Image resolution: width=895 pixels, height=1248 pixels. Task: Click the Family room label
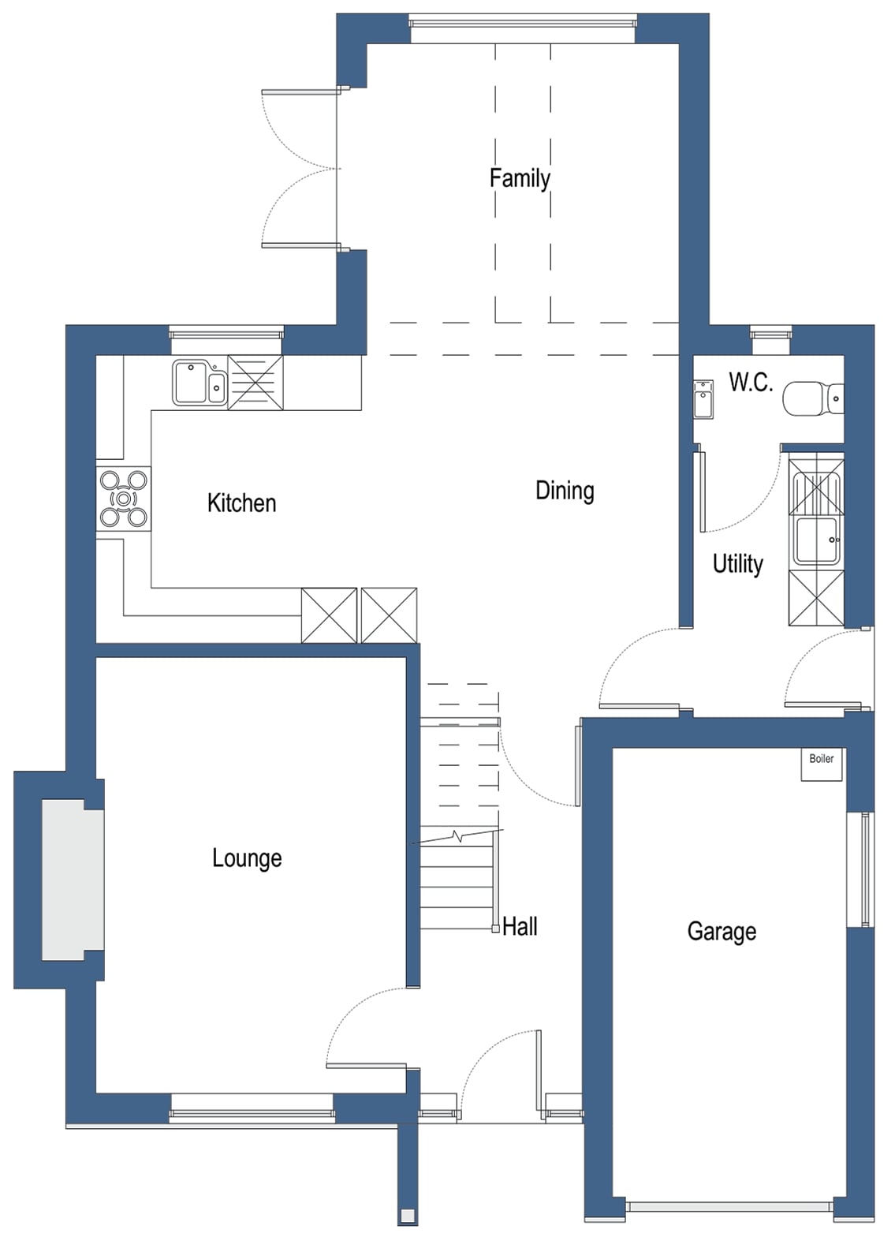(520, 179)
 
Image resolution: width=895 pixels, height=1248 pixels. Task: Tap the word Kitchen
(241, 503)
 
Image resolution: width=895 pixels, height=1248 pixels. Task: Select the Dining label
(565, 491)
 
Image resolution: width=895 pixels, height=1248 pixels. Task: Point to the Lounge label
(247, 858)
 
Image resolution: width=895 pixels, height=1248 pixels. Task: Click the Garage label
(722, 932)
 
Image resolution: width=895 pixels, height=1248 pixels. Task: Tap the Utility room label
(737, 564)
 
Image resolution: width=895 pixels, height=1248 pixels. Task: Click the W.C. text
(750, 383)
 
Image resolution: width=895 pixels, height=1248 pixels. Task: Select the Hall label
(520, 926)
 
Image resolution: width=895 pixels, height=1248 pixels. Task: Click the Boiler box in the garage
(822, 764)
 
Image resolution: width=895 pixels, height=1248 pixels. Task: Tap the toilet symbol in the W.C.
(811, 399)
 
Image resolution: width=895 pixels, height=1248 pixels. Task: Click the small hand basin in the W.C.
(703, 400)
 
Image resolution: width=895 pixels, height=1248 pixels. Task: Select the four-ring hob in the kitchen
(124, 499)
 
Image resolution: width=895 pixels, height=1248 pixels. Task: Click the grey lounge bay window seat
(73, 880)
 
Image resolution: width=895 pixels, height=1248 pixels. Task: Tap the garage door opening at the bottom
(729, 1207)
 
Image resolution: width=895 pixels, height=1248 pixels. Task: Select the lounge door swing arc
(359, 1018)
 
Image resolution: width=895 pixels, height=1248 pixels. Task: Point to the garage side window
(866, 868)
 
